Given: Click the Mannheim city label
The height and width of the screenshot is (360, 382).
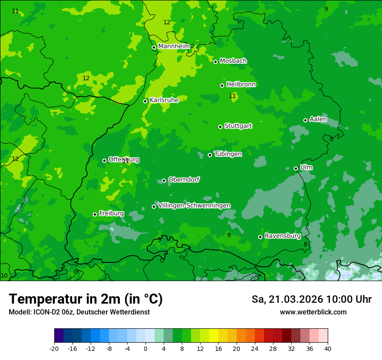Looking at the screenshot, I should point(174,46).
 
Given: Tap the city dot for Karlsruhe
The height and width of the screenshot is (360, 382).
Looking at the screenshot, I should point(145,101).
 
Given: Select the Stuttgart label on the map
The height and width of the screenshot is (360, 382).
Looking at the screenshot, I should point(238,126).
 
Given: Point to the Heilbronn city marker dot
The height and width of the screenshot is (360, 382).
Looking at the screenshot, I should point(222,85).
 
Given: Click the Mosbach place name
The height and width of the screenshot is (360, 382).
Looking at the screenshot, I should point(233,61).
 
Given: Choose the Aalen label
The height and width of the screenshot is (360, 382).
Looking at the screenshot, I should point(318,119).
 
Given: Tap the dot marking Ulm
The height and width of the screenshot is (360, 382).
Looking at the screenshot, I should point(296,168).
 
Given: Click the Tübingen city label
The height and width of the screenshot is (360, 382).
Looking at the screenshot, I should point(228,154).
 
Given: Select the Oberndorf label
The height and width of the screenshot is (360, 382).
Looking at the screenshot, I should point(184,180).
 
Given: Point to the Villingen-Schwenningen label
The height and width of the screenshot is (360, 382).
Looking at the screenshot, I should point(194,206).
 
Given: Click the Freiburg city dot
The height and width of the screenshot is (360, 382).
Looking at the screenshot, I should point(95,214).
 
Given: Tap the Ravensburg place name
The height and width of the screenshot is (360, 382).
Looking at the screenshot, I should point(283,236).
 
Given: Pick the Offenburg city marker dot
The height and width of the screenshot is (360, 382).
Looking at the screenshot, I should point(104,160).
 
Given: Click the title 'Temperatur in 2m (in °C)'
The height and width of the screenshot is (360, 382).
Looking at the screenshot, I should point(86,299).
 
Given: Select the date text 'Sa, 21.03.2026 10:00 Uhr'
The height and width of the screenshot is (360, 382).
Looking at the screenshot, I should point(311,299).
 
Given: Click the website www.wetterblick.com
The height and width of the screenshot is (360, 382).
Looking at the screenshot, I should point(313,312).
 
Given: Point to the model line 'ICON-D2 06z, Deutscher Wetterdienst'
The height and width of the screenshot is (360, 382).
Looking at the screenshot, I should point(79,312).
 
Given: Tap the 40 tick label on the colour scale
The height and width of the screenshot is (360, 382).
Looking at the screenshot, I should point(327,348).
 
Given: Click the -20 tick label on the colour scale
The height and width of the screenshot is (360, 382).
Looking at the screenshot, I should point(54,348).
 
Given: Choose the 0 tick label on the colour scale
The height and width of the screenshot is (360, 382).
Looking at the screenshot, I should point(145,348).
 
